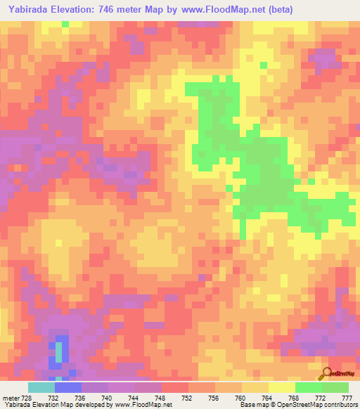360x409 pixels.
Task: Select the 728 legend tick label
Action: point(25,398)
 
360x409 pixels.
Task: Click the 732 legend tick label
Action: point(52,398)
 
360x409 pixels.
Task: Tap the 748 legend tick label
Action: point(160,398)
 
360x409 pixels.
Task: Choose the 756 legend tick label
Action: point(213,398)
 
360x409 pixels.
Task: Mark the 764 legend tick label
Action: point(266,398)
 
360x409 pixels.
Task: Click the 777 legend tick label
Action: point(347,398)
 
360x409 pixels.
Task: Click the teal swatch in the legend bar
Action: point(41,387)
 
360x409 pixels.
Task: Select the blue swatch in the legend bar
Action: point(68,387)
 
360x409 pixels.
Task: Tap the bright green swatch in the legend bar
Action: point(308,387)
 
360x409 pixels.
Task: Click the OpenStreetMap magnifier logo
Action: point(326,372)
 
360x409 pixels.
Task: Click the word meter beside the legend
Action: point(9,398)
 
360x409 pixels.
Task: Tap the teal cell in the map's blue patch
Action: point(59,349)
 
